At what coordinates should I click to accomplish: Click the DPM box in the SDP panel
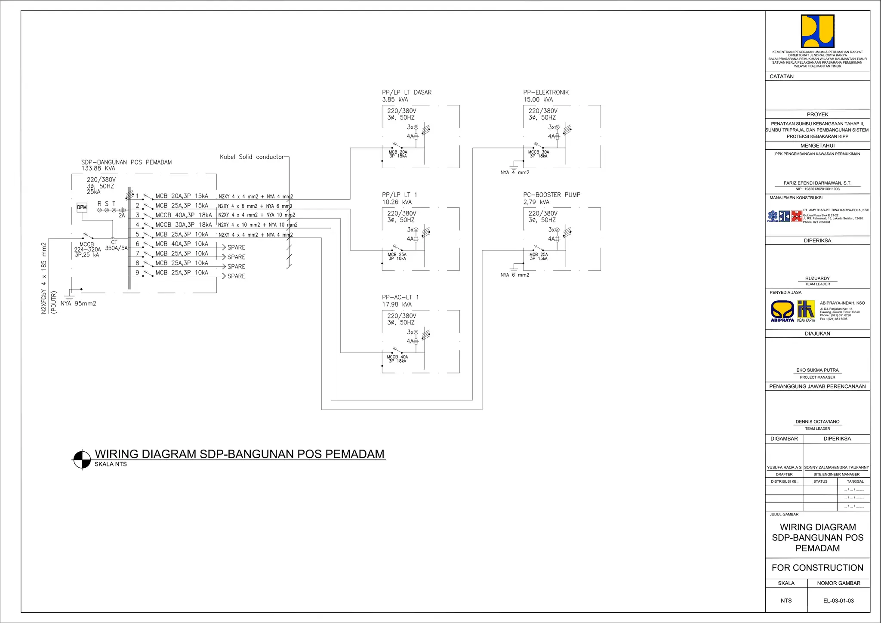[82, 207]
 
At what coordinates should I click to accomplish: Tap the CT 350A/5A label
[116, 245]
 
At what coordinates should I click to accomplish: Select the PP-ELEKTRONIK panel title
[546, 92]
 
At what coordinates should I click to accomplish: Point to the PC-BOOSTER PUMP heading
[551, 194]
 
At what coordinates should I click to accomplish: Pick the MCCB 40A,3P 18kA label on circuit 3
[183, 215]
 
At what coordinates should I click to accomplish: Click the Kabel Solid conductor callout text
[252, 157]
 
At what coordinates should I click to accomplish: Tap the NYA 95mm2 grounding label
[78, 303]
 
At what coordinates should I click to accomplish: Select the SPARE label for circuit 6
[236, 247]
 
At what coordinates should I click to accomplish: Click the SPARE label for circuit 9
[236, 276]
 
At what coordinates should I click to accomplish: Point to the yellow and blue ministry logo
[817, 31]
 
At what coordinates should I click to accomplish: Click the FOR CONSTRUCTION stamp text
[817, 567]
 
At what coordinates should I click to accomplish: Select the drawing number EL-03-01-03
[838, 601]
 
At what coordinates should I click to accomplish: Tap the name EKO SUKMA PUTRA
[817, 370]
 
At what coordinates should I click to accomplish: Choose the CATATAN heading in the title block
[782, 76]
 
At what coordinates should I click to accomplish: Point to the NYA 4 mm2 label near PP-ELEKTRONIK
[514, 173]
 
